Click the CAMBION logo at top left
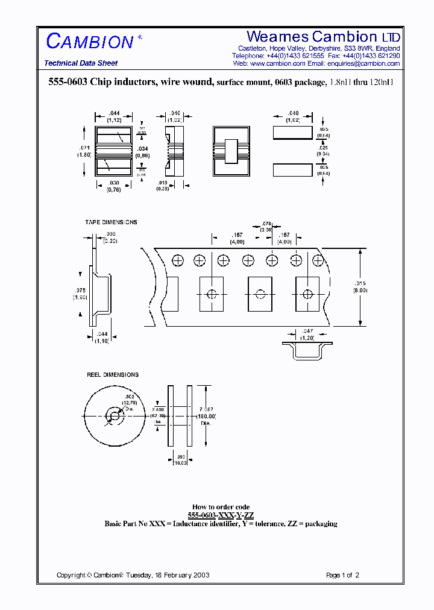[x=90, y=42]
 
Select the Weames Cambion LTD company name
[x=323, y=37]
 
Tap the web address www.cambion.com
[x=277, y=63]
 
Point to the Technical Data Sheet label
[x=81, y=63]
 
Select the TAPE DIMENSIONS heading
[x=111, y=222]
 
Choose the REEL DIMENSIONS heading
[x=113, y=375]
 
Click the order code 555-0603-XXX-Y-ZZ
[x=221, y=515]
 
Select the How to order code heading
[x=221, y=507]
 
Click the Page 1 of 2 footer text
[x=342, y=575]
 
